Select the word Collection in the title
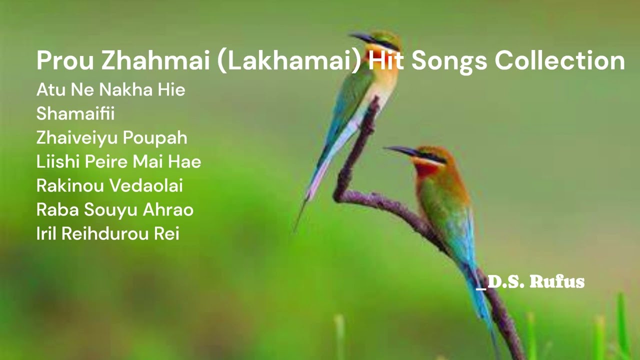559,61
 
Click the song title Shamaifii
75,113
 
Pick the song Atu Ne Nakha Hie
110,90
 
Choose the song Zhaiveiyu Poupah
111,137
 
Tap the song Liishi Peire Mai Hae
118,161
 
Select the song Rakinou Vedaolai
109,185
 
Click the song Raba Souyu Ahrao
114,209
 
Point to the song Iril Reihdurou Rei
107,233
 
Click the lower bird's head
430,155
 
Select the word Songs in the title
449,61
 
